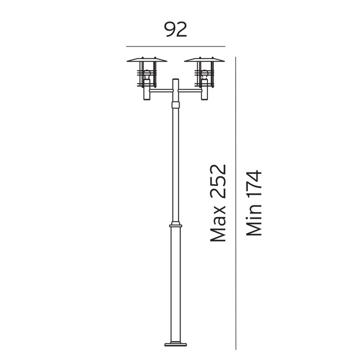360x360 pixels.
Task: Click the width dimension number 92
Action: click(x=175, y=29)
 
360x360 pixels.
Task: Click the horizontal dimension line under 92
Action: click(x=175, y=46)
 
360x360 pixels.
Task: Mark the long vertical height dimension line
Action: click(x=236, y=203)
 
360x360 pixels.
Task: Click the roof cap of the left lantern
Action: click(x=147, y=59)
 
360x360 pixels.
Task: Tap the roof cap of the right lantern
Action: click(x=204, y=59)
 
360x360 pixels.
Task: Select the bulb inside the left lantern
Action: click(x=147, y=74)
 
